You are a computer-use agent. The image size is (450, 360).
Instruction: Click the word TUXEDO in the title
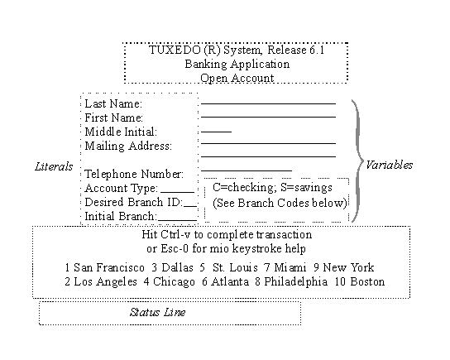(x=172, y=50)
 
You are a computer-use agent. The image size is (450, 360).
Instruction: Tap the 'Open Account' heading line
(x=237, y=78)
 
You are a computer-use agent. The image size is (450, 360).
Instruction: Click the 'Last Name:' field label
(x=113, y=104)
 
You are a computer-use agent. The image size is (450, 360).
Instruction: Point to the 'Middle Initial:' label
(x=121, y=132)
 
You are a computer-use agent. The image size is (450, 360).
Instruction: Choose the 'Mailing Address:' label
(x=127, y=146)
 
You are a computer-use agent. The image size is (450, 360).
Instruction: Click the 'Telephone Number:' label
(x=133, y=174)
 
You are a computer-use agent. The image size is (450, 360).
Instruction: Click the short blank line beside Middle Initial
(x=217, y=132)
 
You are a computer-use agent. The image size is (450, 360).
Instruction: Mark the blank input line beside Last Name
(x=269, y=103)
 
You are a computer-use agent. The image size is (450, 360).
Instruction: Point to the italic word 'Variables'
(x=389, y=164)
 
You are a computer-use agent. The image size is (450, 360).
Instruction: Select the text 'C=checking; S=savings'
(x=272, y=188)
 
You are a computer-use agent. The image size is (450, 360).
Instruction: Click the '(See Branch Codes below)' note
(x=280, y=203)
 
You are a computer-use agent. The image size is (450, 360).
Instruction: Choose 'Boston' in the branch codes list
(x=367, y=281)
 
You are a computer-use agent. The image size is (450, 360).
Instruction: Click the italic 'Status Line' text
(x=157, y=312)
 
